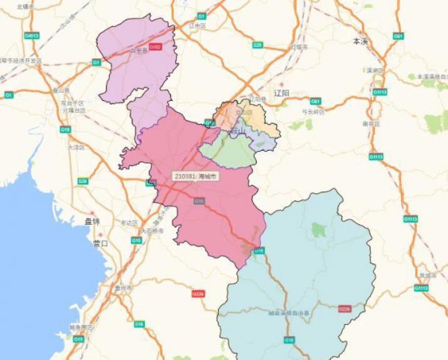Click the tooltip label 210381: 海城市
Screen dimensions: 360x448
(196, 176)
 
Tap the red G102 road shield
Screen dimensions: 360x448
(155, 46)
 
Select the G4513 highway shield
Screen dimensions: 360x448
(32, 35)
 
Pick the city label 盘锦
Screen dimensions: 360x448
(91, 222)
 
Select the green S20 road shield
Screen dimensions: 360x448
(257, 45)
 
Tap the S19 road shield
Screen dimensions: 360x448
(140, 323)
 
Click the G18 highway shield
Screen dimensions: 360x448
(64, 129)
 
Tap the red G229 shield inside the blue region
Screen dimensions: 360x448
(344, 308)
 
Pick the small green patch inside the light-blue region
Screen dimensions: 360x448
(319, 229)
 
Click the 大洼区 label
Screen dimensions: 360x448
(77, 148)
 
